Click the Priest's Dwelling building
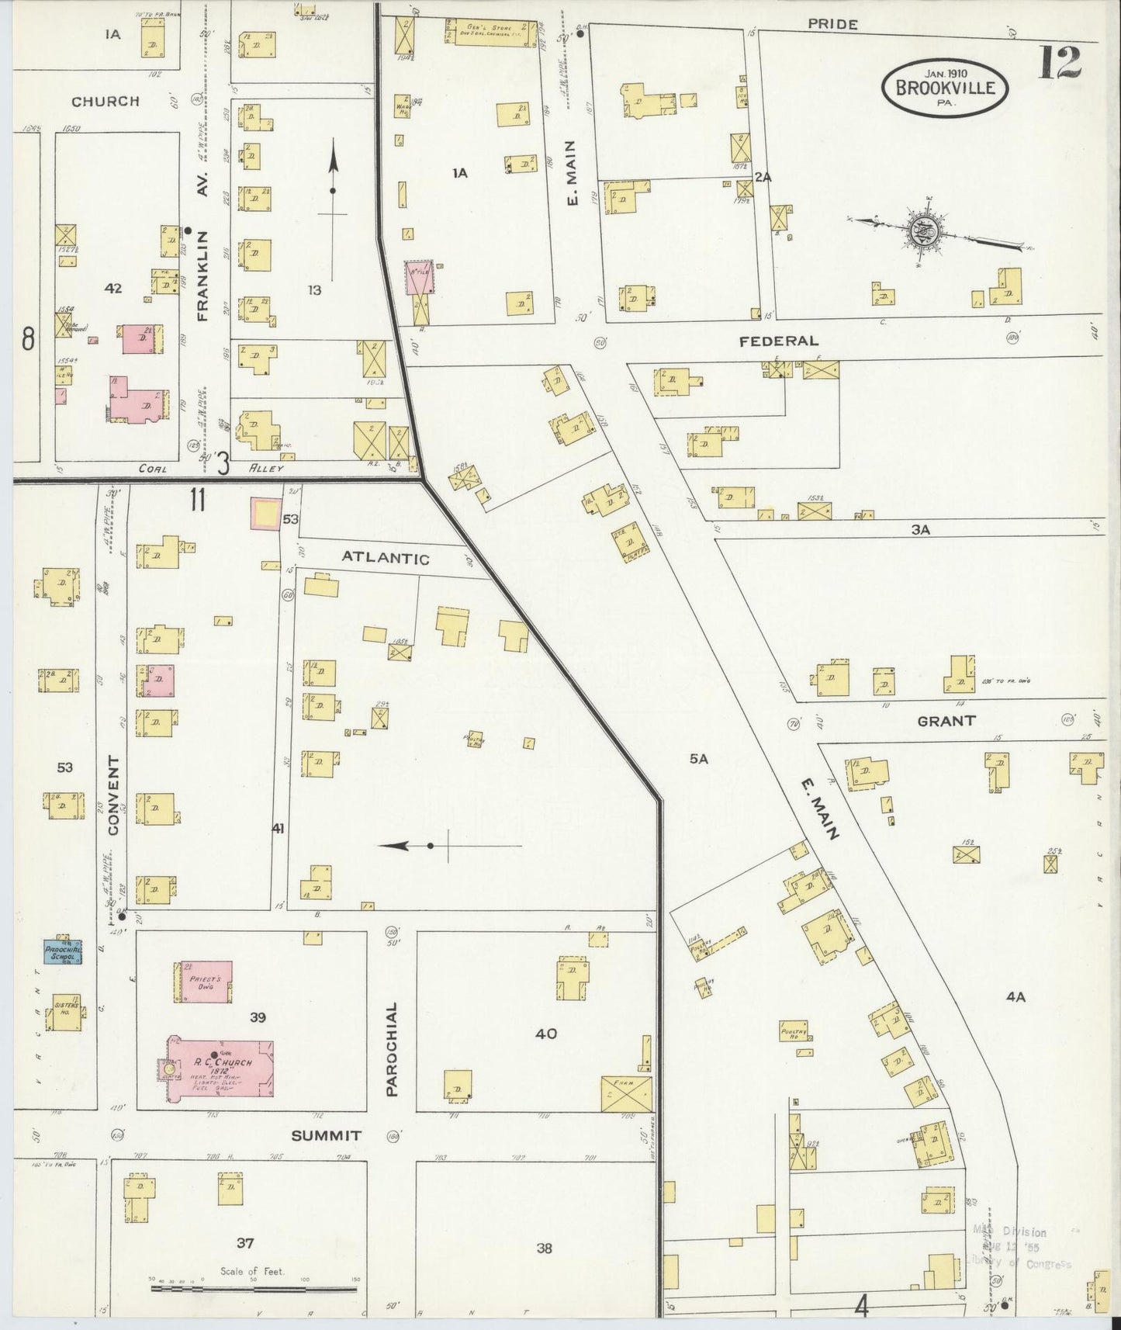click(202, 981)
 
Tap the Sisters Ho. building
click(63, 1013)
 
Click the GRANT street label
click(946, 721)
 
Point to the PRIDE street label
click(832, 25)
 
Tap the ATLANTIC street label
click(386, 558)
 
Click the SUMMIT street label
click(326, 1135)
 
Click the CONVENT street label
click(115, 795)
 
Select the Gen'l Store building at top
click(491, 33)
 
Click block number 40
click(545, 1034)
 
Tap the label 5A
click(699, 760)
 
